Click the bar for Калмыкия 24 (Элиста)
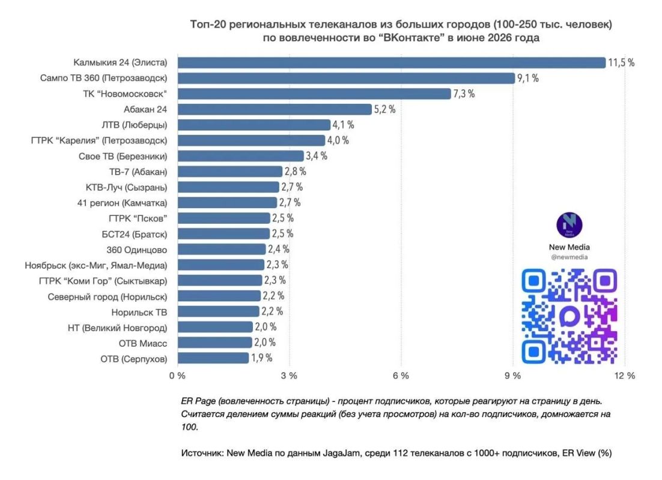[392, 62]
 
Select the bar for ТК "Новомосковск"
[315, 94]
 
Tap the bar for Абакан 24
[275, 109]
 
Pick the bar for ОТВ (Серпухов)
[213, 358]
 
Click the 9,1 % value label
[528, 78]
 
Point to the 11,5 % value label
[621, 62]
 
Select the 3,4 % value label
[317, 156]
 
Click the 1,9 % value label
[262, 358]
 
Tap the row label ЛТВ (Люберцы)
[134, 125]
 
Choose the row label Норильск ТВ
[139, 313]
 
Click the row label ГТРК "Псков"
[138, 218]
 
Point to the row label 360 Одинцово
[137, 250]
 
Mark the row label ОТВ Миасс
[143, 343]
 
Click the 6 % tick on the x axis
[401, 376]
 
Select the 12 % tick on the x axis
[625, 376]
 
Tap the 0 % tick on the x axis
[177, 376]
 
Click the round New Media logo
[569, 225]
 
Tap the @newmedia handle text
[569, 257]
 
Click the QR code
[569, 316]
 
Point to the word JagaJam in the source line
[342, 453]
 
